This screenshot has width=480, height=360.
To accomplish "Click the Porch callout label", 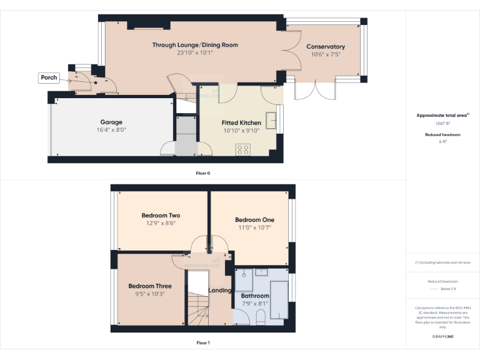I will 49,77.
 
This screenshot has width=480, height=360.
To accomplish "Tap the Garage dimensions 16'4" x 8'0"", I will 111,131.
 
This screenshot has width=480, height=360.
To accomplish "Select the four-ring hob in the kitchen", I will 242,149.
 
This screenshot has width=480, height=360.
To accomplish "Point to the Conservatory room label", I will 325,47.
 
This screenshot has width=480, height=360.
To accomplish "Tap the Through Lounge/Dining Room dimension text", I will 195,53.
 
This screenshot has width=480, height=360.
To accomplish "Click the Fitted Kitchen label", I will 241,122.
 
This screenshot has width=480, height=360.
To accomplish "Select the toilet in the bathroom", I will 261,318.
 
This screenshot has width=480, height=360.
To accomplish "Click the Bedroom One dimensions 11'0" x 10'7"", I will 254,228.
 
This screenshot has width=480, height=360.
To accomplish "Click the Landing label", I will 221,291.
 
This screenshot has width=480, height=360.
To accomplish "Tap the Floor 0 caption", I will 202,172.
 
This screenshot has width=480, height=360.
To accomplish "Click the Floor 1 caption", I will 202,342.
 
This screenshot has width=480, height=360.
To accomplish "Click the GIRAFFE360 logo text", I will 442,336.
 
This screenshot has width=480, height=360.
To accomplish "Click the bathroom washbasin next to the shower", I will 262,272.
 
